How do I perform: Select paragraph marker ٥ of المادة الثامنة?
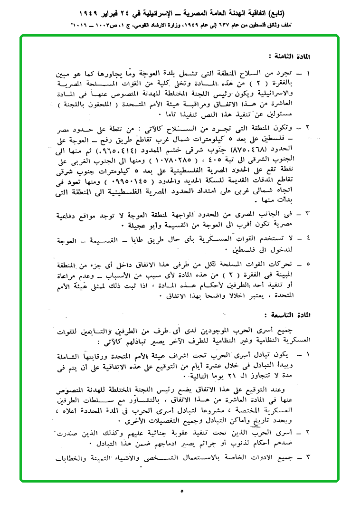(308, 264)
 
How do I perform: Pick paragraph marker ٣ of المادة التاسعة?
(308, 458)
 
